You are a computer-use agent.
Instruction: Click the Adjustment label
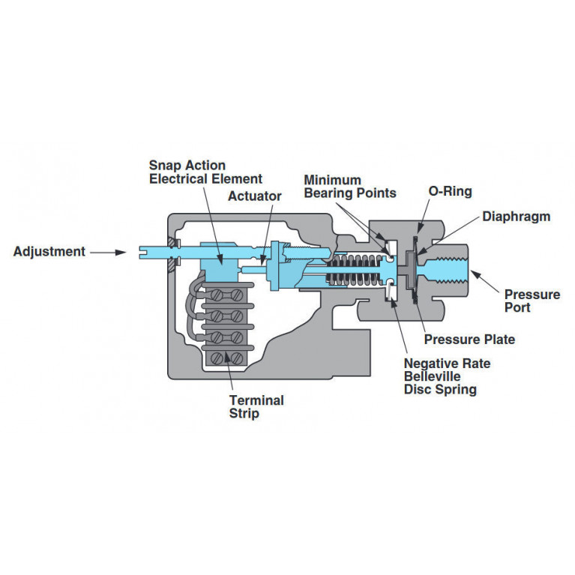(49, 252)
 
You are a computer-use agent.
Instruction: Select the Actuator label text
(255, 196)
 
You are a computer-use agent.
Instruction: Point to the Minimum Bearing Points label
(349, 187)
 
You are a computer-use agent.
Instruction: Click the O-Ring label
(450, 191)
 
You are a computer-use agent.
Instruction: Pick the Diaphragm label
(516, 217)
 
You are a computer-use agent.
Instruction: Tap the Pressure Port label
(532, 301)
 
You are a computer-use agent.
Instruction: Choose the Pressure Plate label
(469, 340)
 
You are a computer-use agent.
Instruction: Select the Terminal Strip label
(256, 406)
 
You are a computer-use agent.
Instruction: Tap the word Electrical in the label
(180, 178)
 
